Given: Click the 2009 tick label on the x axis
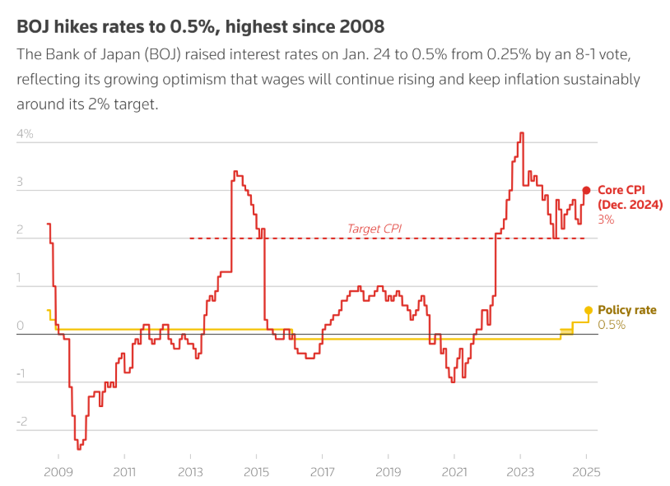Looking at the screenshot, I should coord(57,472).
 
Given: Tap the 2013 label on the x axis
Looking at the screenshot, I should coord(190,472).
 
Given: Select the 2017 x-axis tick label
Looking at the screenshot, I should coord(322,472).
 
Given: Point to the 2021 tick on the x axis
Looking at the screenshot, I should coord(454,472).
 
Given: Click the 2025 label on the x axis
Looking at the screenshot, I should coord(587,472).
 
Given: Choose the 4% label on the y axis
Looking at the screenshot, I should coord(25,133).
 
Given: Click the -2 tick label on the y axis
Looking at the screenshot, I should coord(22,421).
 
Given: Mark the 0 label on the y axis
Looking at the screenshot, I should coord(20,326).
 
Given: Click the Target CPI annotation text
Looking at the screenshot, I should coord(374,229).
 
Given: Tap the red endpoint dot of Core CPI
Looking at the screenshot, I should coord(586,190).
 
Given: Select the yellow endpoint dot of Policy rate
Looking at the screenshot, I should coord(588,310).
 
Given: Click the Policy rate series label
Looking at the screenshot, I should coord(627,310).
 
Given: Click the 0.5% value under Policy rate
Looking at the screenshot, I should coord(612,325).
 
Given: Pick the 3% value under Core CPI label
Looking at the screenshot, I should coord(606,220).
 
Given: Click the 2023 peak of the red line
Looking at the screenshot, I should coord(521,133).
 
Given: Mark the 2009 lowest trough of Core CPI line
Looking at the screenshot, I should coord(79,448).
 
